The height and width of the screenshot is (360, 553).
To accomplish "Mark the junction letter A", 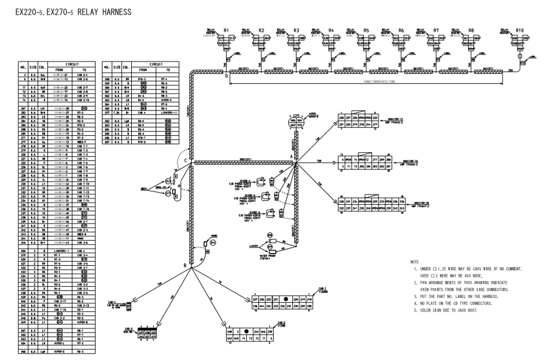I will (x=292, y=149).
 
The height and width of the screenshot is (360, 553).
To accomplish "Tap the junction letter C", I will (x=186, y=162).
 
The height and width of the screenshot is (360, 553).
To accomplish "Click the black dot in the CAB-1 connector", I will (x=286, y=299).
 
